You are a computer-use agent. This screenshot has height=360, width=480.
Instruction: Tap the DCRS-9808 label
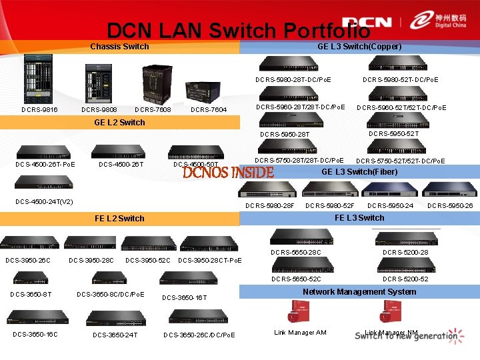point(99,110)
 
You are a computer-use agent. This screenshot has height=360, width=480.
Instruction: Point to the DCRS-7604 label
point(209,110)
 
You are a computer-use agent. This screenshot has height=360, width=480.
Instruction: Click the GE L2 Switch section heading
point(119,122)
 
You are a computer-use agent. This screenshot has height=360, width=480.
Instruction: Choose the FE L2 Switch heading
point(119,218)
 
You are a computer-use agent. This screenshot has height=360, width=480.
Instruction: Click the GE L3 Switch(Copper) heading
point(359,47)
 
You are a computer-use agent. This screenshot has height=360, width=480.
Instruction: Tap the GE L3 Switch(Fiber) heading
point(359,171)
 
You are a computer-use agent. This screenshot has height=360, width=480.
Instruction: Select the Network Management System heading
point(359,291)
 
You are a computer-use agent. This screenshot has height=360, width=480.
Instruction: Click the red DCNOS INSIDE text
point(228,173)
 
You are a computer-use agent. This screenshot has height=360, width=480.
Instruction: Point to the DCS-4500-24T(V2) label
point(45,201)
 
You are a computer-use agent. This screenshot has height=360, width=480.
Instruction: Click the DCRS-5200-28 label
point(405,253)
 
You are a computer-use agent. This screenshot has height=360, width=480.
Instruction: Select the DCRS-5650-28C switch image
point(297,236)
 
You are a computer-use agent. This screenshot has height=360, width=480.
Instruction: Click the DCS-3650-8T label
point(31,294)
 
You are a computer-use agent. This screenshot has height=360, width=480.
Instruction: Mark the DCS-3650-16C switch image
point(35,317)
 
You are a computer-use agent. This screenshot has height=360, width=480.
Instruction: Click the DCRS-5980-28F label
point(270,205)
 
